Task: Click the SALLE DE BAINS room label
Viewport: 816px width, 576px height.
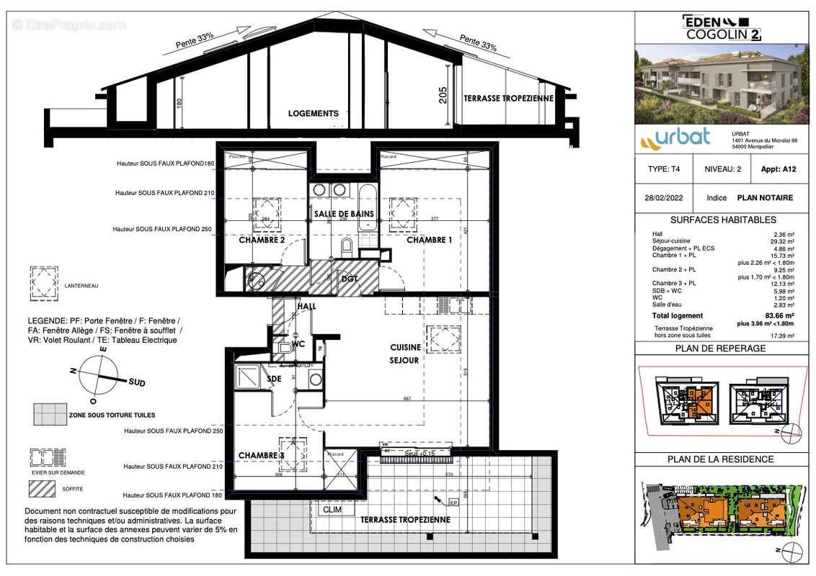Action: pyautogui.click(x=344, y=214)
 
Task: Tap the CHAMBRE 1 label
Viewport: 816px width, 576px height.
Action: pyautogui.click(x=429, y=240)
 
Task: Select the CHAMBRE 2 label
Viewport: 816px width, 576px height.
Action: pyautogui.click(x=262, y=240)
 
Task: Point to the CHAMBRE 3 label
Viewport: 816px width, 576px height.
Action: pyautogui.click(x=262, y=455)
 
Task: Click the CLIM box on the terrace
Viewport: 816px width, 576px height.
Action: pyautogui.click(x=332, y=510)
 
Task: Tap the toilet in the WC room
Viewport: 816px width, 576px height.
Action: pyautogui.click(x=285, y=349)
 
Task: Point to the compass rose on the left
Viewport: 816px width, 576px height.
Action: pyautogui.click(x=99, y=376)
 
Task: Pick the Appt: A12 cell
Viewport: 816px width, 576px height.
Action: pyautogui.click(x=778, y=169)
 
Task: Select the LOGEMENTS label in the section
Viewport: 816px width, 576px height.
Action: pyautogui.click(x=313, y=114)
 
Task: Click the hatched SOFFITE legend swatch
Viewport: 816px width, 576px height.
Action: pyautogui.click(x=42, y=488)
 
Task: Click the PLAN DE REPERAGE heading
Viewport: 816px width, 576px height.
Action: pyautogui.click(x=721, y=349)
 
